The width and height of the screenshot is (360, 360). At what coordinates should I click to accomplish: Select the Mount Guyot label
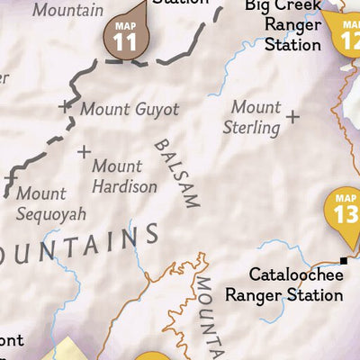130,110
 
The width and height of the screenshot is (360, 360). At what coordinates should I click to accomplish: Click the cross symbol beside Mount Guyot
65,107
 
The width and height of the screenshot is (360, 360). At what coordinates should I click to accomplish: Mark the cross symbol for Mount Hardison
84,152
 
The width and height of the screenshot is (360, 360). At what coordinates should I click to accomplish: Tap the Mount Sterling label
256,117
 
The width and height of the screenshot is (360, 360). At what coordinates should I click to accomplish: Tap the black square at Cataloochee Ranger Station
343,262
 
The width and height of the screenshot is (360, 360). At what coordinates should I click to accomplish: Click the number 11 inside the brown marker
126,41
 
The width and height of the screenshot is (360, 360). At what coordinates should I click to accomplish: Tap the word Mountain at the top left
67,11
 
